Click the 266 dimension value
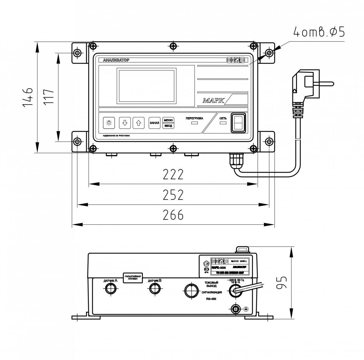pyautogui.click(x=173, y=215)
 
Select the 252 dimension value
pyautogui.click(x=173, y=195)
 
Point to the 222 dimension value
pyautogui.click(x=173, y=174)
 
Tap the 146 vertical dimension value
pyautogui.click(x=28, y=97)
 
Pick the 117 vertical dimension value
pyautogui.click(x=49, y=97)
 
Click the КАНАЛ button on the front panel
pyautogui.click(x=154, y=123)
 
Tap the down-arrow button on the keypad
pyautogui.click(x=124, y=123)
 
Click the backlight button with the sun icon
pyautogui.click(x=109, y=123)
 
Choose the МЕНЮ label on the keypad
pyautogui.click(x=168, y=120)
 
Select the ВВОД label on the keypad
pyautogui.click(x=168, y=126)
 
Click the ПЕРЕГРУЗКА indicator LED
pyautogui.click(x=194, y=123)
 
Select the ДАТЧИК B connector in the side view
pyautogui.click(x=155, y=289)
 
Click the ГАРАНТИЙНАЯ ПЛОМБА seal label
pyautogui.click(x=133, y=278)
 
